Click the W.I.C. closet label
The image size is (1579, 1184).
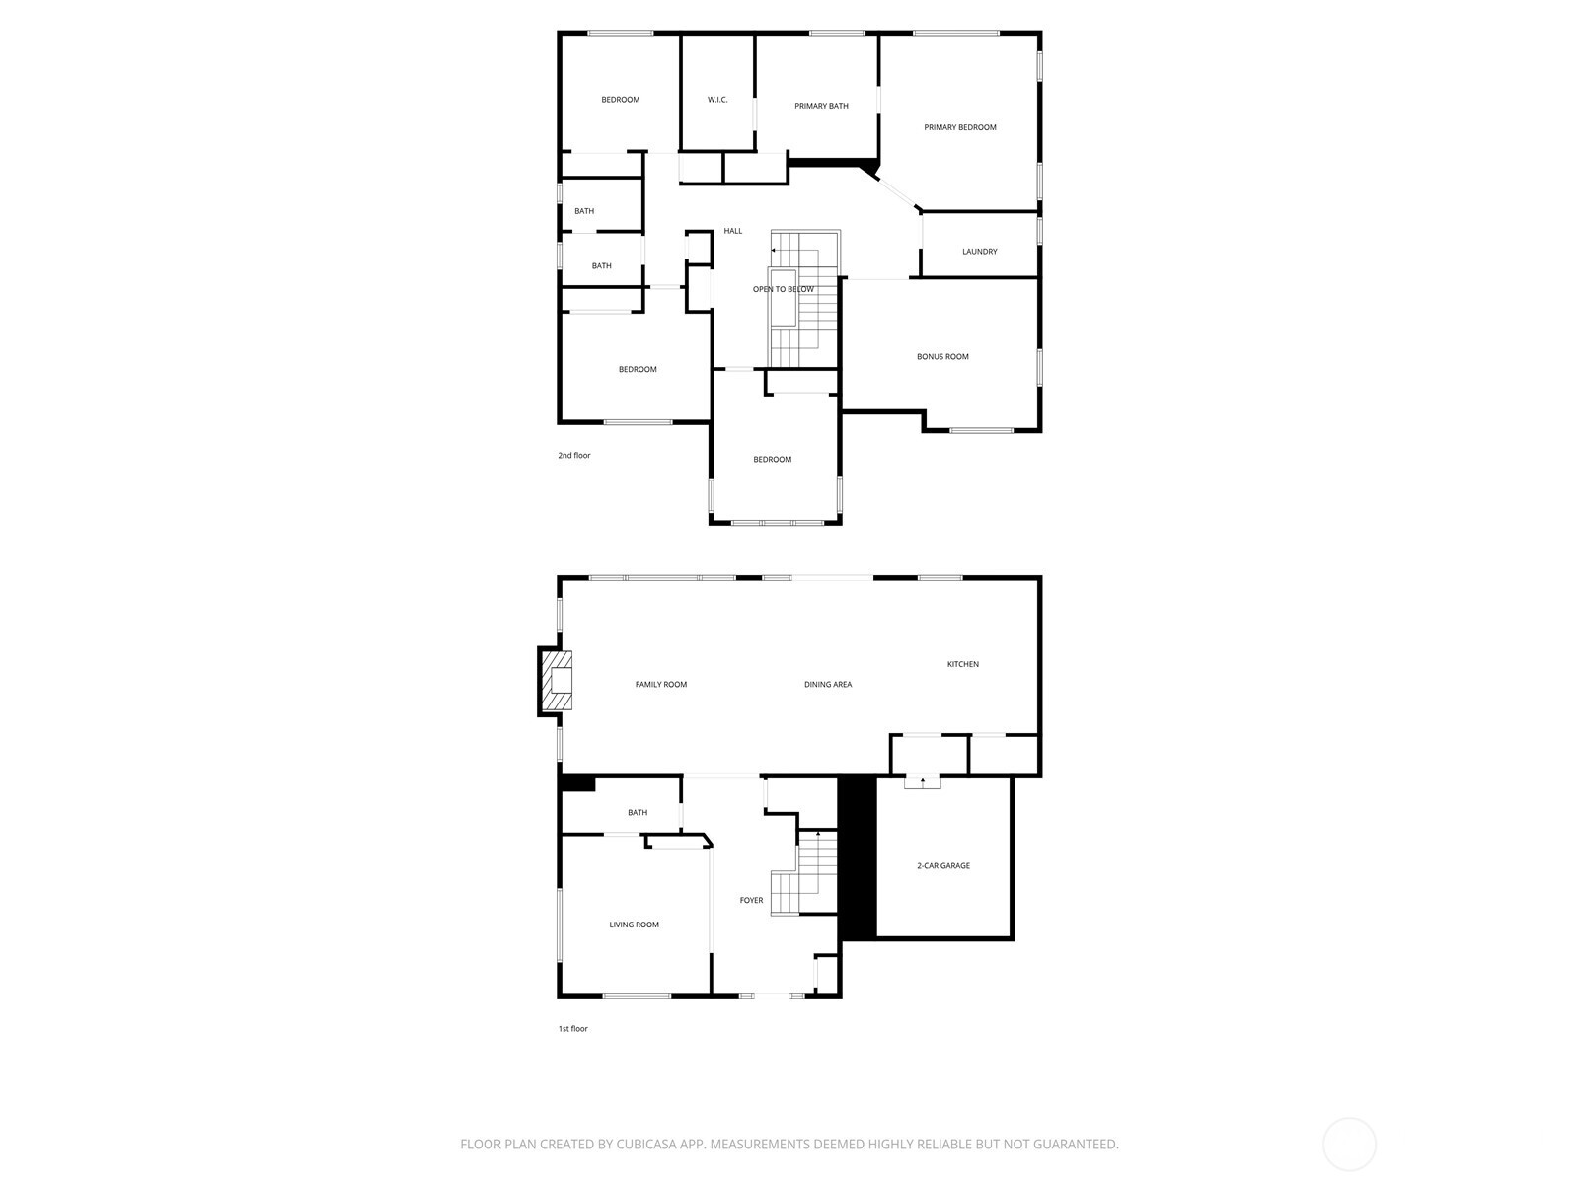click(717, 100)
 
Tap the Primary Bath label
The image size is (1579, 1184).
click(821, 106)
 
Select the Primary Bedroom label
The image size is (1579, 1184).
click(959, 127)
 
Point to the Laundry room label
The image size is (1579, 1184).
click(979, 252)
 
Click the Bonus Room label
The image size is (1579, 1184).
click(942, 357)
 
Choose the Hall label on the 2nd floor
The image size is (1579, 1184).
click(732, 231)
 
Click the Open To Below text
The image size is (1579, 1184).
click(784, 289)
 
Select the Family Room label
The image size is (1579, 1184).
click(660, 684)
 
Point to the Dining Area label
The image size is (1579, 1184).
click(828, 684)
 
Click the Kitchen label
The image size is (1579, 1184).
click(962, 664)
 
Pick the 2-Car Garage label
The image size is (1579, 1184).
click(943, 865)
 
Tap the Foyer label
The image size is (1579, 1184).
click(751, 900)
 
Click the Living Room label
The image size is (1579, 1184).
click(634, 925)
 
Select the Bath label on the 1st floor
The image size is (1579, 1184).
click(638, 813)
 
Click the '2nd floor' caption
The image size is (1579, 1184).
click(573, 456)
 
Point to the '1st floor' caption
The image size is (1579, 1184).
click(572, 1029)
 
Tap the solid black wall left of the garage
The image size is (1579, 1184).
click(857, 857)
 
